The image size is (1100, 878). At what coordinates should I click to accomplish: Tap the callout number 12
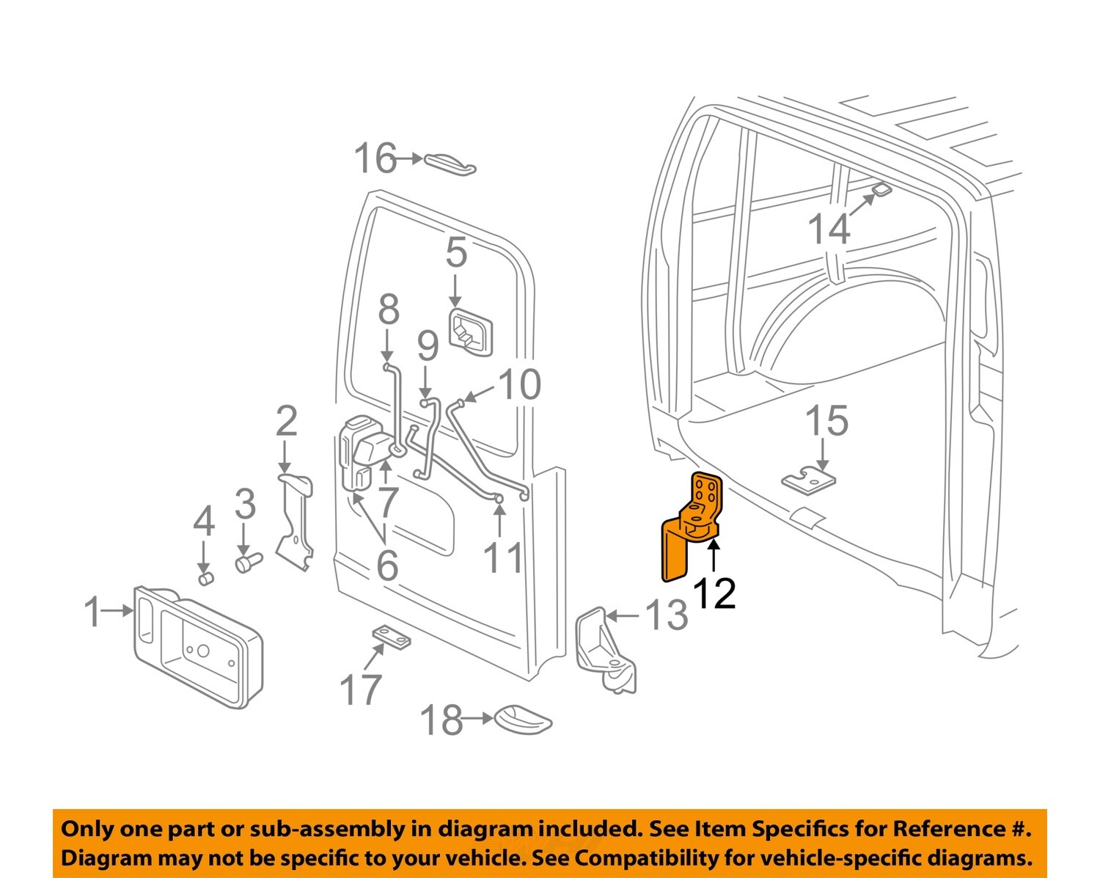pyautogui.click(x=714, y=593)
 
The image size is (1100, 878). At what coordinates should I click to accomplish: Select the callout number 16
pyautogui.click(x=375, y=158)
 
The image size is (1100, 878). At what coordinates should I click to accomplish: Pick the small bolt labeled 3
pyautogui.click(x=248, y=563)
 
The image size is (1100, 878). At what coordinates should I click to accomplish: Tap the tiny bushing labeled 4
pyautogui.click(x=205, y=579)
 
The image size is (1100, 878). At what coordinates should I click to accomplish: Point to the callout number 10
pyautogui.click(x=519, y=384)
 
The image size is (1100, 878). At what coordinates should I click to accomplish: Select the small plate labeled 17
pyautogui.click(x=390, y=637)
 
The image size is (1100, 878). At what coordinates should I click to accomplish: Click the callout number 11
pyautogui.click(x=503, y=558)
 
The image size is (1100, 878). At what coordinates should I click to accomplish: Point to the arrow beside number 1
pyautogui.click(x=118, y=610)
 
